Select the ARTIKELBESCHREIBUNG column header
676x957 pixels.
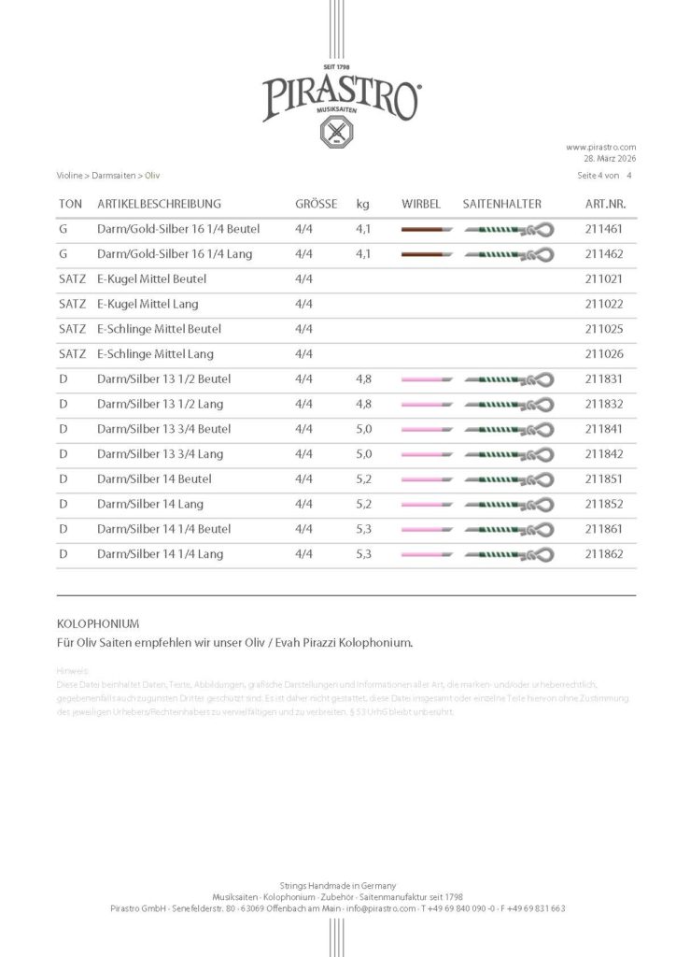tap(159, 204)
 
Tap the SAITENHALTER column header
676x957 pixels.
tap(501, 204)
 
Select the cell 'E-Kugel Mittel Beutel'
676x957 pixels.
tap(151, 279)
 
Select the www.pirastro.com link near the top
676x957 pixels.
tap(600, 148)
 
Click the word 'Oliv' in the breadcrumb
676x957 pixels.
tap(152, 175)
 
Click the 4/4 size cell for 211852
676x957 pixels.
tap(303, 505)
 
